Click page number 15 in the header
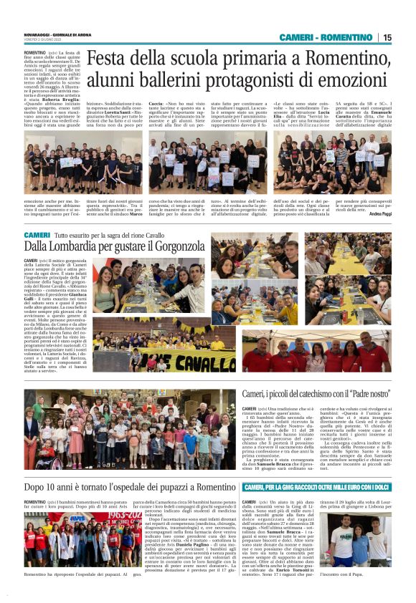(387, 37)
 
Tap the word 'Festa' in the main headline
(108, 59)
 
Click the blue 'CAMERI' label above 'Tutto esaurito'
(37, 235)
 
